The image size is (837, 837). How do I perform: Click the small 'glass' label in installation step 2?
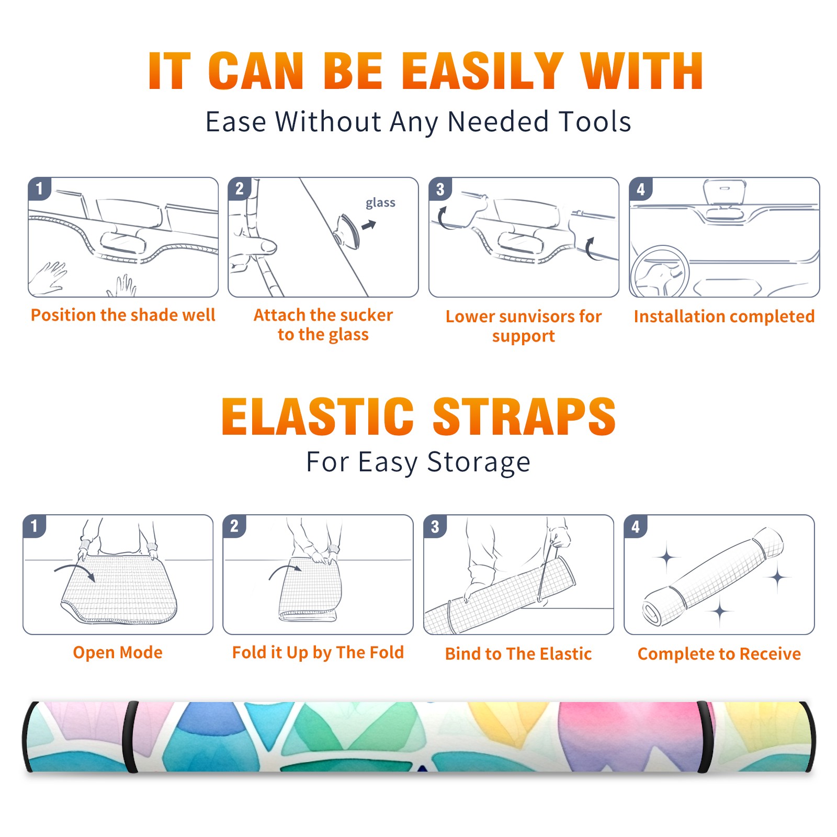pos(380,202)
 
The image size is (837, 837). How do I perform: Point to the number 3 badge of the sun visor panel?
pos(440,189)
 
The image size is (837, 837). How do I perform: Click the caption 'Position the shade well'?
pos(123,315)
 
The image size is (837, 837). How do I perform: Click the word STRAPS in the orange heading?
pos(524,416)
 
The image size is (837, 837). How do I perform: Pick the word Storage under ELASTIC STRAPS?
pos(479,462)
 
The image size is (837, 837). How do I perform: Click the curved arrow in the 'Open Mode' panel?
pos(75,570)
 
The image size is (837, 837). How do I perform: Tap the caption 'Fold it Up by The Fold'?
pos(318,652)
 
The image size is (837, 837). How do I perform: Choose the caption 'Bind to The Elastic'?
pos(518,653)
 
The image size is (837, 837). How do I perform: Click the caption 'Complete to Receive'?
pos(719,653)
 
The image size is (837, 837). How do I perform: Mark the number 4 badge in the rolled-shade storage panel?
pos(636,526)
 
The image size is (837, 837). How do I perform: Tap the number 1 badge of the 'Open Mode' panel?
pos(35,526)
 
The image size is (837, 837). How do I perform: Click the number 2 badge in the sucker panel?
pos(240,189)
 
